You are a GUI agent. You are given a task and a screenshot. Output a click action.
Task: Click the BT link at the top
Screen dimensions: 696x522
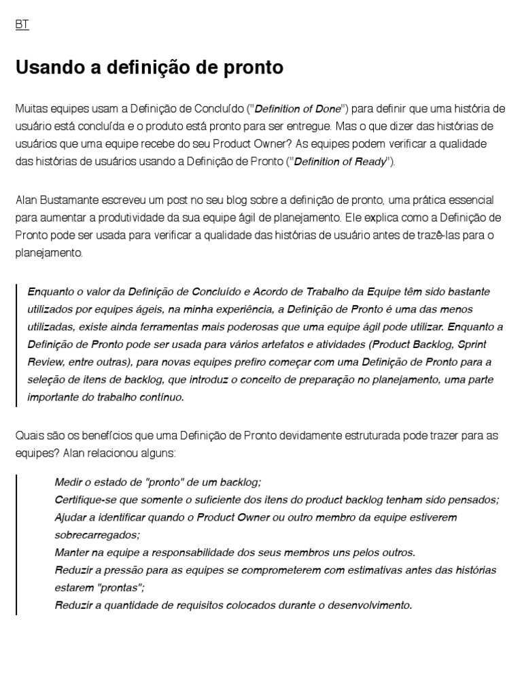22,24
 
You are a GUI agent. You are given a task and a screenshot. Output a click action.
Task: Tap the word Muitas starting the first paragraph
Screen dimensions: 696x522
30,109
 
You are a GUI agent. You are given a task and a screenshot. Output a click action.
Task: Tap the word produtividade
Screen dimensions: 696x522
128,217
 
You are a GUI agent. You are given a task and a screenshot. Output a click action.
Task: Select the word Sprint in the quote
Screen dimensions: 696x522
472,345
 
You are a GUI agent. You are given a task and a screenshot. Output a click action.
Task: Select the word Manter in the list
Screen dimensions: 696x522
70,553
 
